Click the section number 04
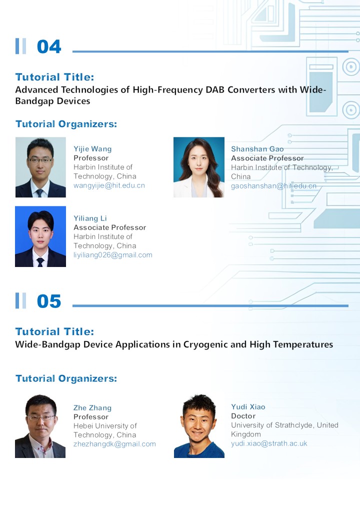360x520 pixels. (49, 46)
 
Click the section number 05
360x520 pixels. (49, 301)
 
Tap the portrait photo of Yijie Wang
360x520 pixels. (40, 167)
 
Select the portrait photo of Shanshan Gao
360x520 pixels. (199, 167)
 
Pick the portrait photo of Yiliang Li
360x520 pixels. (40, 236)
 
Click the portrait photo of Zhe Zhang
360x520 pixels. (40, 426)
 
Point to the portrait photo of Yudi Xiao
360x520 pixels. (199, 426)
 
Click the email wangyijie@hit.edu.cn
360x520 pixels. (109, 185)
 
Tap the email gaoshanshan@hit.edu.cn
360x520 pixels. (274, 186)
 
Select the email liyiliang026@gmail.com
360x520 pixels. (113, 255)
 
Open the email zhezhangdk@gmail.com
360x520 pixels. (114, 444)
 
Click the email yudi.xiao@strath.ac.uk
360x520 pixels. (269, 443)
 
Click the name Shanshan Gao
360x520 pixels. (257, 149)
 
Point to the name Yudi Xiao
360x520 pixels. (248, 406)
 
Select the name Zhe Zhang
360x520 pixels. (92, 408)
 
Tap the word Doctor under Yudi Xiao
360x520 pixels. (243, 416)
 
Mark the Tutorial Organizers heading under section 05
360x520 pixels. (66, 378)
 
